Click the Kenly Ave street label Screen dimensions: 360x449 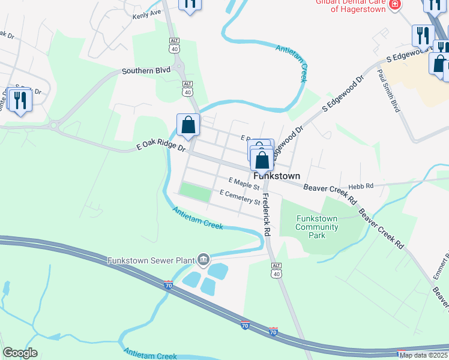point(147,12)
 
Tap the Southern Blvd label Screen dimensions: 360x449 point(146,70)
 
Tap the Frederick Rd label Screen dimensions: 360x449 point(265,212)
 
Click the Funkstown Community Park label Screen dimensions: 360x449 point(317,227)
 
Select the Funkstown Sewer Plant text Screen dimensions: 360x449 point(151,260)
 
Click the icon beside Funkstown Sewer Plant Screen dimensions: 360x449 point(203,259)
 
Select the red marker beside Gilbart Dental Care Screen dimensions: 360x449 point(394,5)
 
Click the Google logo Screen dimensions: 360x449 point(20,353)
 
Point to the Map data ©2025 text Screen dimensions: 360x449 point(423,355)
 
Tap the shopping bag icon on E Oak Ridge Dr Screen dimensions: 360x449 point(188,125)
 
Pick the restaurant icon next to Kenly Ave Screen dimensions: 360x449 point(190,4)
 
